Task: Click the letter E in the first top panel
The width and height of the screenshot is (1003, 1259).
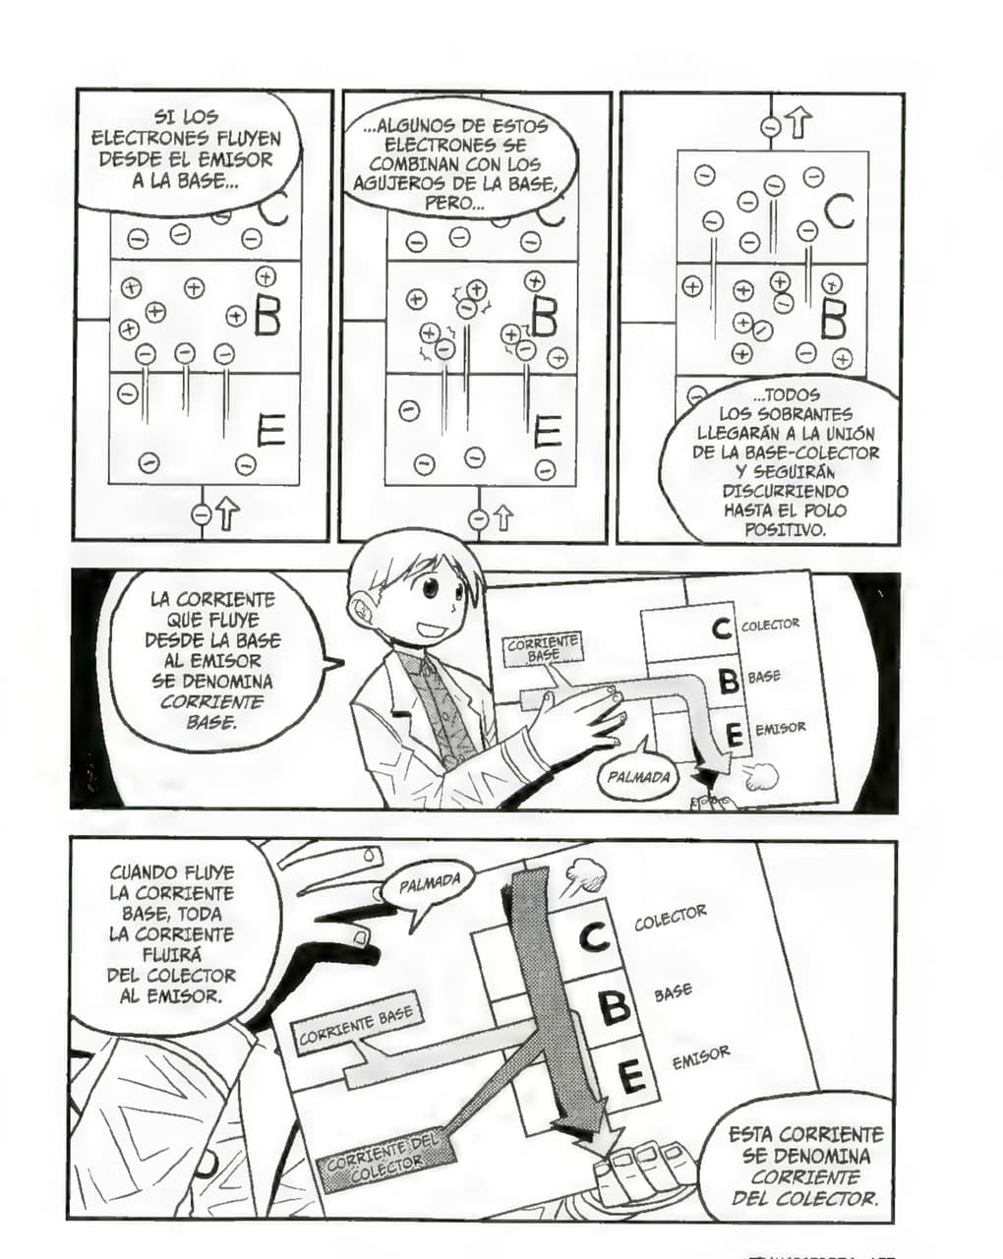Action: (x=270, y=430)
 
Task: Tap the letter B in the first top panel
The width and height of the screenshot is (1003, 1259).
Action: (x=266, y=316)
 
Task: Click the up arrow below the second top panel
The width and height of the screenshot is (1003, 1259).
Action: (x=502, y=517)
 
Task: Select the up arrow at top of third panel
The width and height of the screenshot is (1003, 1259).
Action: (x=798, y=125)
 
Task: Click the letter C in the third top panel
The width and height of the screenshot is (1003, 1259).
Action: (x=839, y=211)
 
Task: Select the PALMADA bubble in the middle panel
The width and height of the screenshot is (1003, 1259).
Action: (x=638, y=777)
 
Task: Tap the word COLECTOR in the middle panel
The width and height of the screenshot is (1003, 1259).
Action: (x=770, y=625)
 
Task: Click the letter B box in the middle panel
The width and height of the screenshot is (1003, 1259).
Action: (x=728, y=680)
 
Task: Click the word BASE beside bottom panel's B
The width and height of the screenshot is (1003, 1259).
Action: (x=673, y=992)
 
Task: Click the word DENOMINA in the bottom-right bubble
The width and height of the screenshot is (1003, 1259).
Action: (x=806, y=1157)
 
